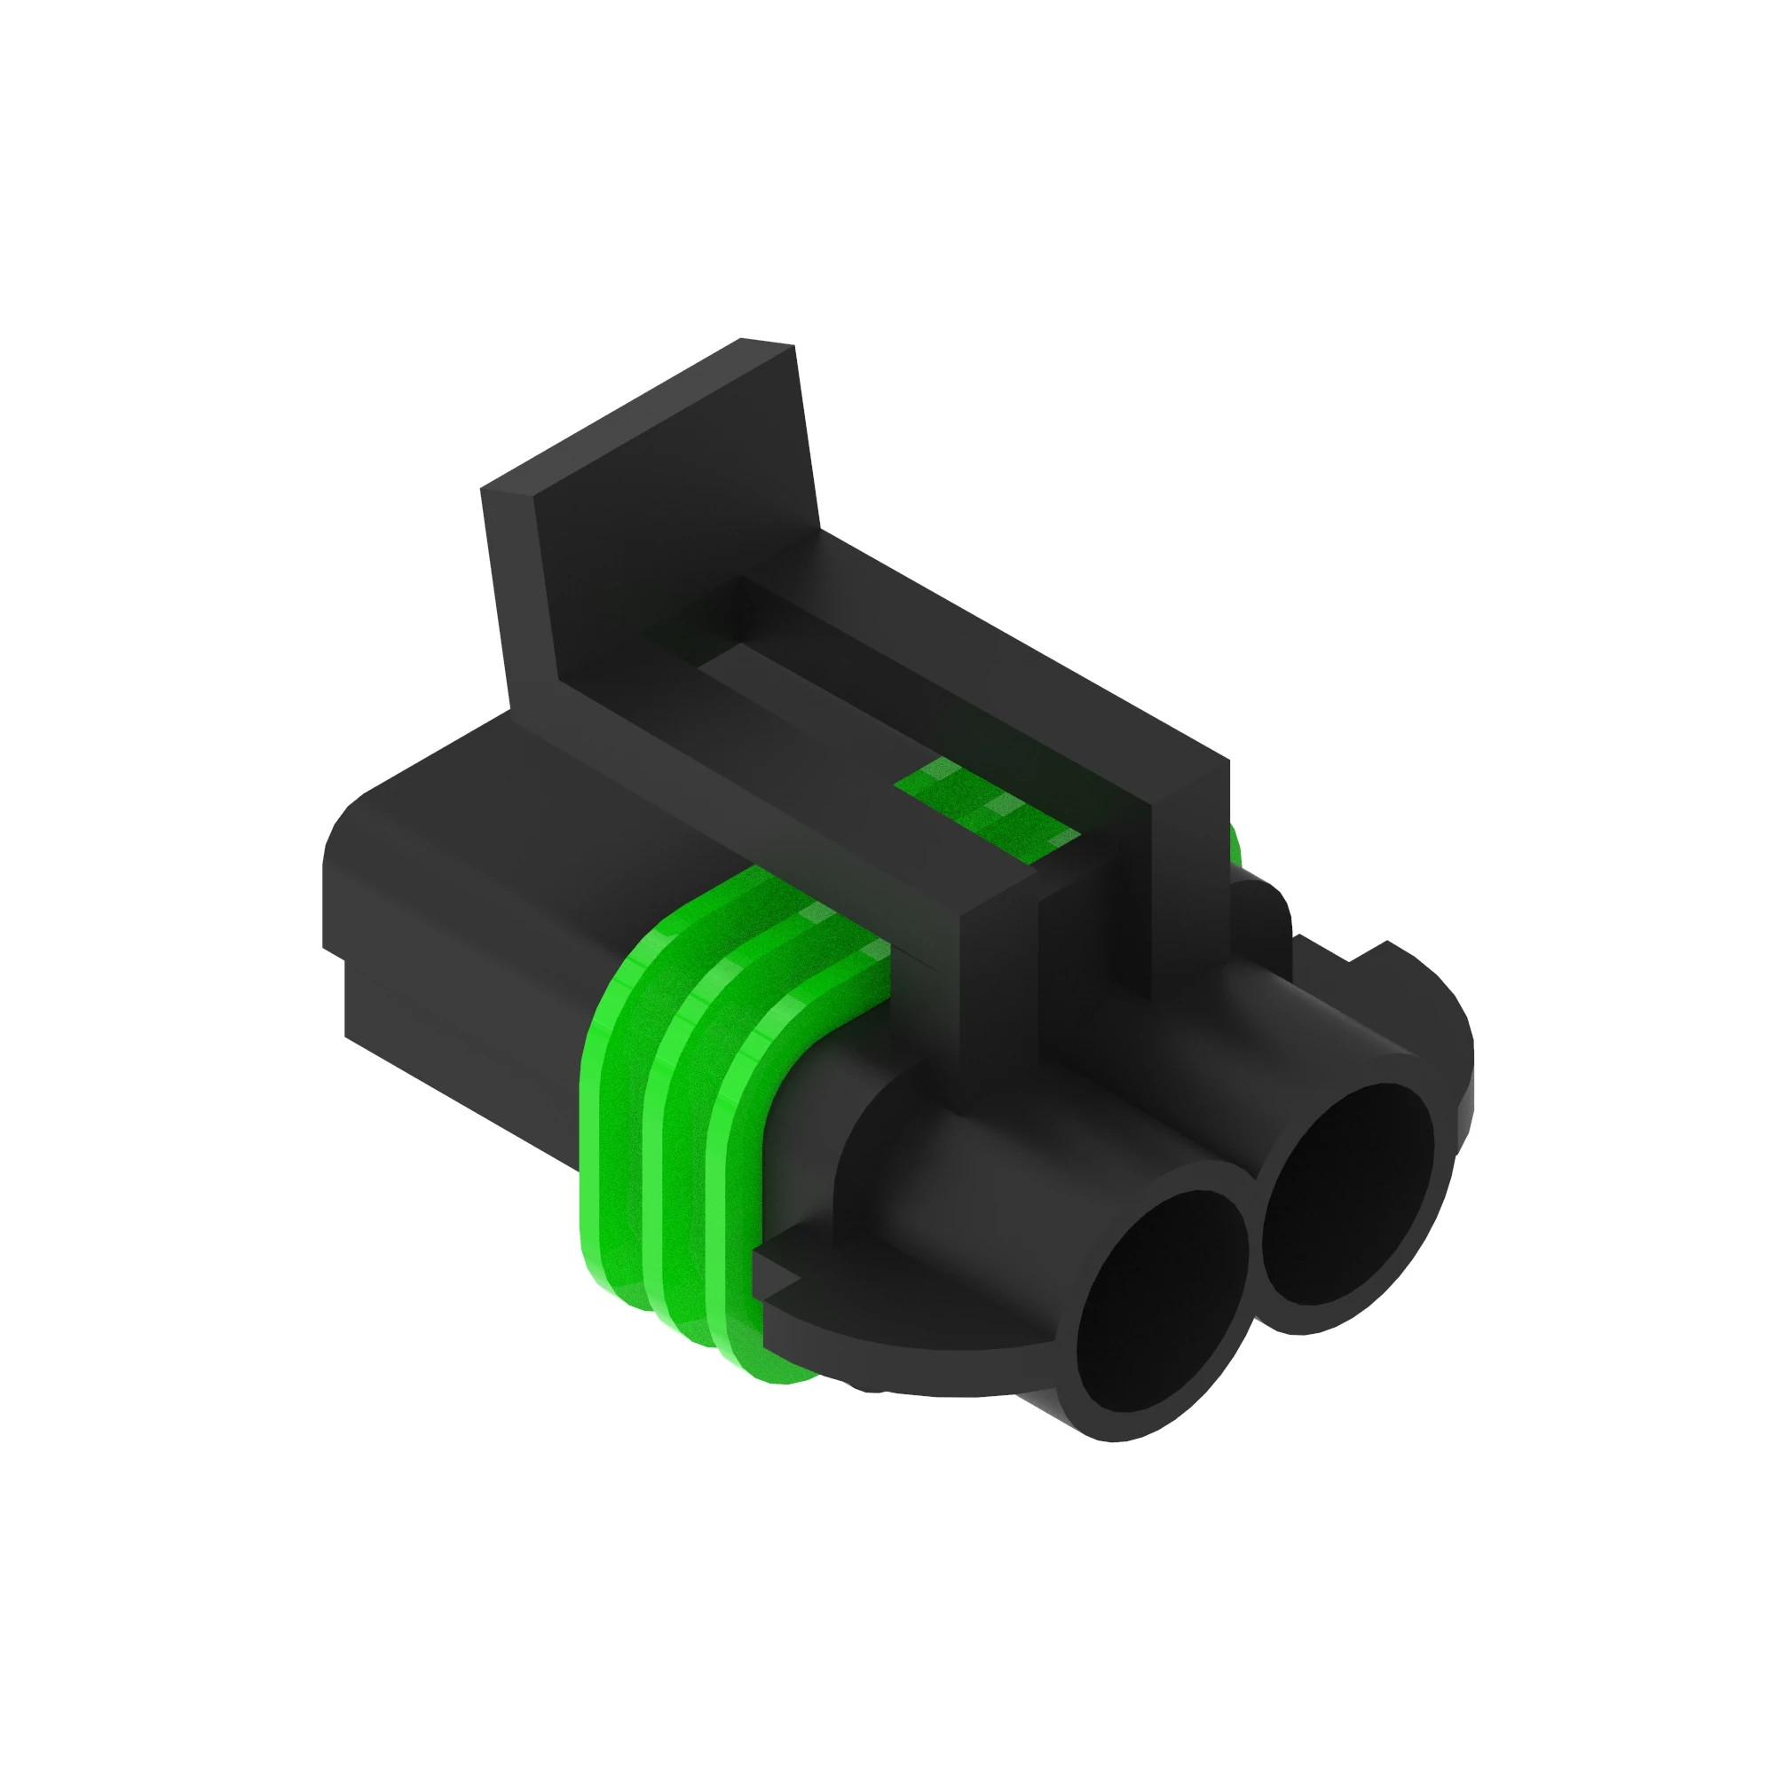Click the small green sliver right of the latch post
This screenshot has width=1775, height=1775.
(x=1233, y=840)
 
